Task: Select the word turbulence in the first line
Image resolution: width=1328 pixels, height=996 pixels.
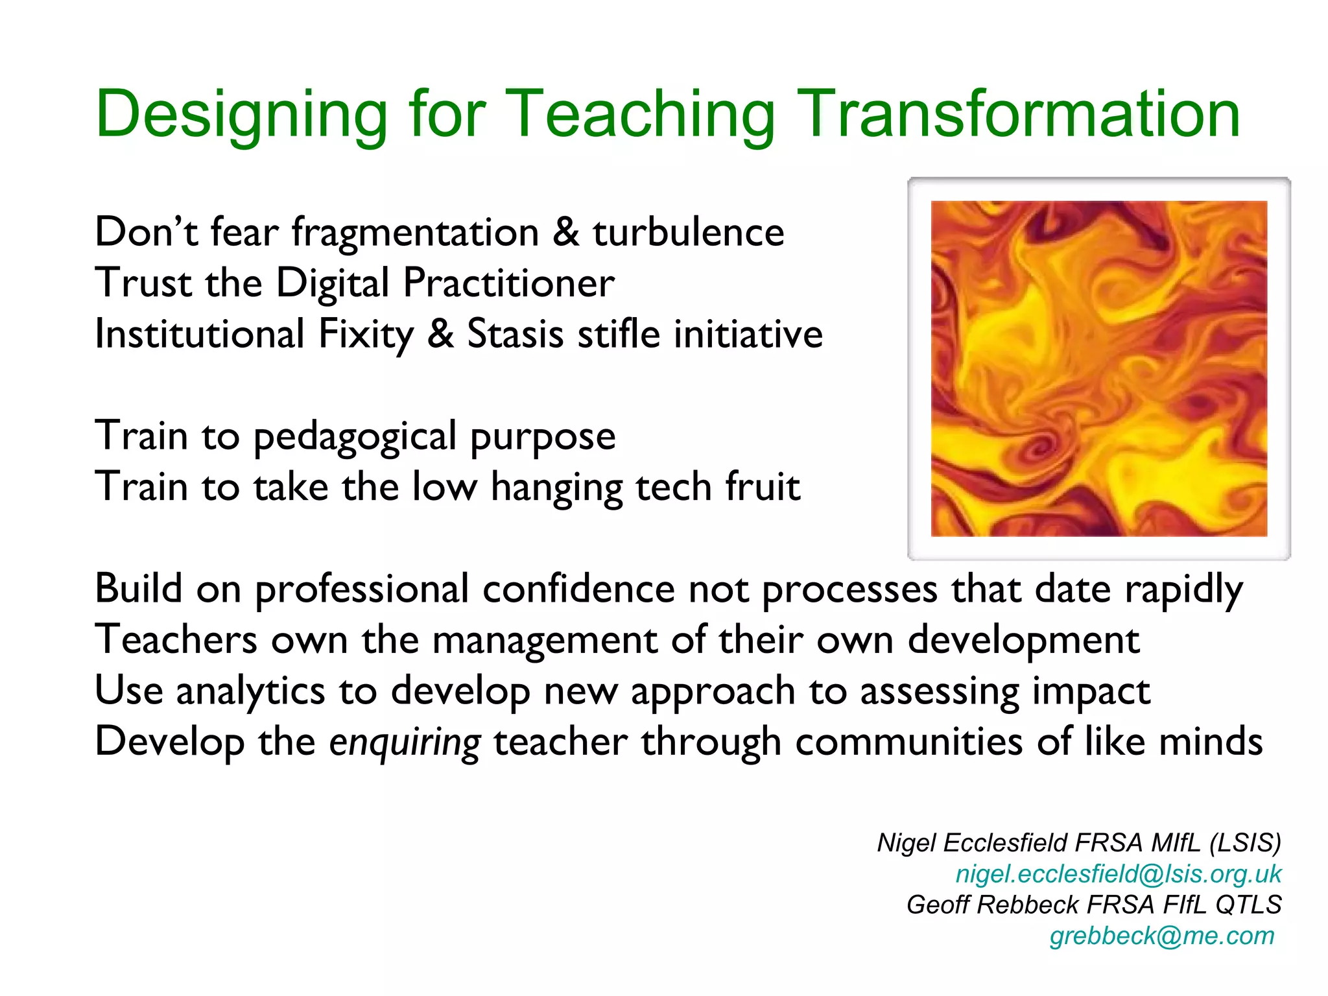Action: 688,232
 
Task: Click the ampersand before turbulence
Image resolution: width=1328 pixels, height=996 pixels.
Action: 565,232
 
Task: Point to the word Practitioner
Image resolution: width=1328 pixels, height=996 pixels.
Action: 508,283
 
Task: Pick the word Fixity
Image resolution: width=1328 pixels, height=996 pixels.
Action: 366,335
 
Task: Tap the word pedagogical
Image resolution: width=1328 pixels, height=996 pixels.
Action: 355,436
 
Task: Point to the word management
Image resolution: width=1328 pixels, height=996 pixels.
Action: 544,641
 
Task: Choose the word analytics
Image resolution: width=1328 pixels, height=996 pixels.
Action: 250,691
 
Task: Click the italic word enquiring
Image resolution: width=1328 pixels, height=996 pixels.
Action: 405,742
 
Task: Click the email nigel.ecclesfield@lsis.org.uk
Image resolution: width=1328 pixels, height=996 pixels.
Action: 1119,874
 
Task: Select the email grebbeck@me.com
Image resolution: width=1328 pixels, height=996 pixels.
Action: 1162,936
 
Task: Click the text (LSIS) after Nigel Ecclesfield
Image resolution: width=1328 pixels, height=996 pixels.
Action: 1245,843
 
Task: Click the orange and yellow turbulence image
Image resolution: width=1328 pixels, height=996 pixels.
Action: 1098,368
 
